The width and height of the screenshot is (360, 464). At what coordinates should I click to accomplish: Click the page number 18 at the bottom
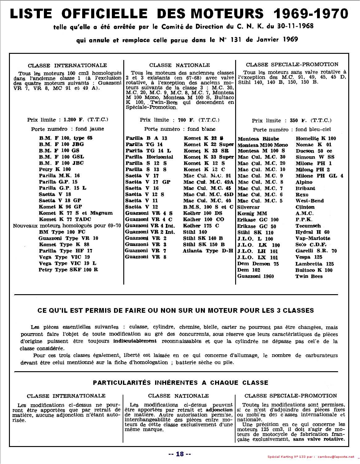(x=180, y=454)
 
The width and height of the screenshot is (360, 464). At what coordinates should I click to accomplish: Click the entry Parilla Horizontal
(x=149, y=157)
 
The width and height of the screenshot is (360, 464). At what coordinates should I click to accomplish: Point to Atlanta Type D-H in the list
(x=208, y=251)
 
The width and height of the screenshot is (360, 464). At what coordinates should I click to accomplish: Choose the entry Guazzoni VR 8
(x=146, y=257)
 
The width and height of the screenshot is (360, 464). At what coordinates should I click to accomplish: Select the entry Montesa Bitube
(x=258, y=139)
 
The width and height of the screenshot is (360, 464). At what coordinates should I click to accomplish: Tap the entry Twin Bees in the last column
(x=309, y=276)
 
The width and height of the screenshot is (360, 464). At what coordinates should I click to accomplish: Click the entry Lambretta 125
(x=314, y=264)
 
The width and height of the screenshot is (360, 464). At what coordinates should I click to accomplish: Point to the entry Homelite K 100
(x=316, y=139)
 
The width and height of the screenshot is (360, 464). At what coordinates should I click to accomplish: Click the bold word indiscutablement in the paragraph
(x=135, y=341)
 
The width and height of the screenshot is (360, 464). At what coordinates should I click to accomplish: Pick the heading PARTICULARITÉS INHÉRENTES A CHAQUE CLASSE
(x=180, y=383)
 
